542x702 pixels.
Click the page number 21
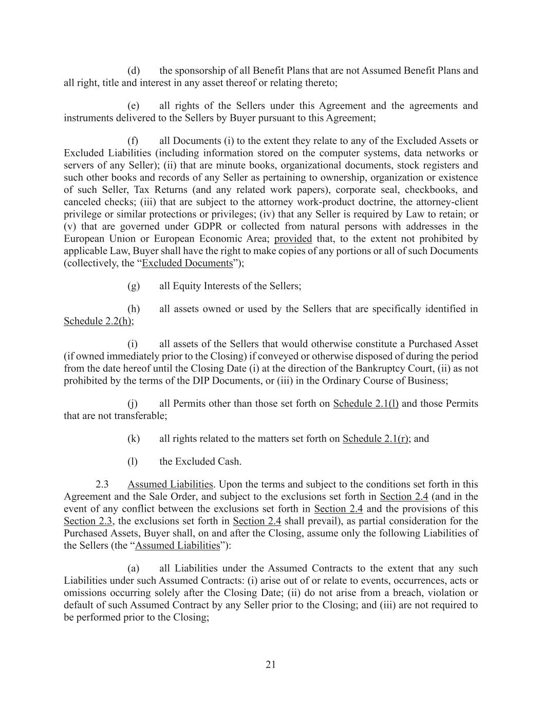(x=271, y=664)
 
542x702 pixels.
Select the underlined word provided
(x=293, y=239)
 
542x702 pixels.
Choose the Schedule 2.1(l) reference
(x=366, y=403)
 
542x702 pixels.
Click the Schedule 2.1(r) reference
(x=376, y=438)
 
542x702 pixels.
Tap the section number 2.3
(x=102, y=484)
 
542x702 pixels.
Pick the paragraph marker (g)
(x=134, y=286)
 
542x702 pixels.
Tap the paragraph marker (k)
(x=134, y=438)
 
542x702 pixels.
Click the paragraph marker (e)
(x=134, y=105)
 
